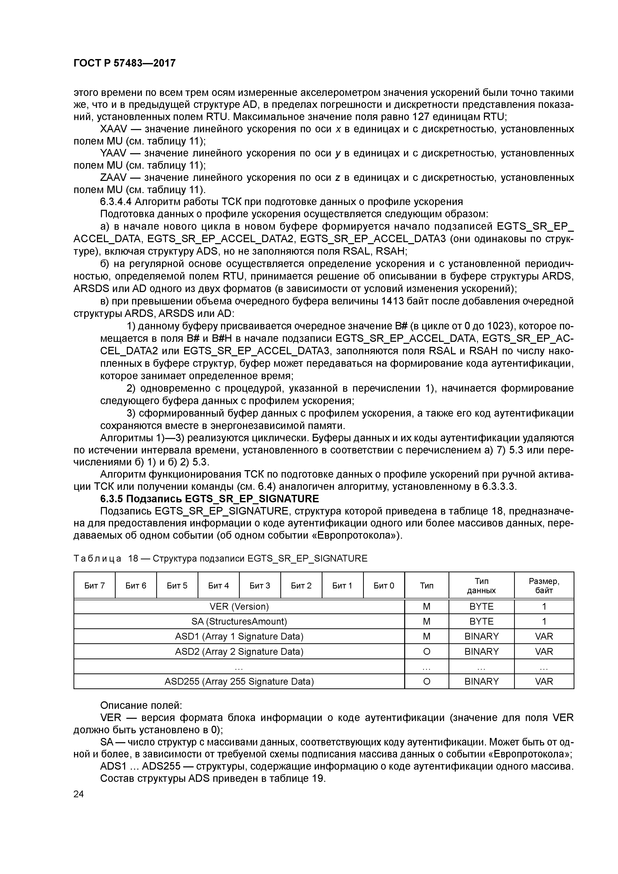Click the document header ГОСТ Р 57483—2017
click(125, 63)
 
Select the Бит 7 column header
click(94, 585)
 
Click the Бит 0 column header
click(384, 585)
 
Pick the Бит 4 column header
click(219, 585)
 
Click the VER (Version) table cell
click(239, 606)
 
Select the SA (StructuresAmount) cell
click(239, 621)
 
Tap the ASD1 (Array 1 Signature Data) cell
click(239, 636)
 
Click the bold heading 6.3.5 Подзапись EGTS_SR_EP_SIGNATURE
click(209, 499)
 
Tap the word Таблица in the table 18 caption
click(97, 558)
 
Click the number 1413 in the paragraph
click(392, 301)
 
